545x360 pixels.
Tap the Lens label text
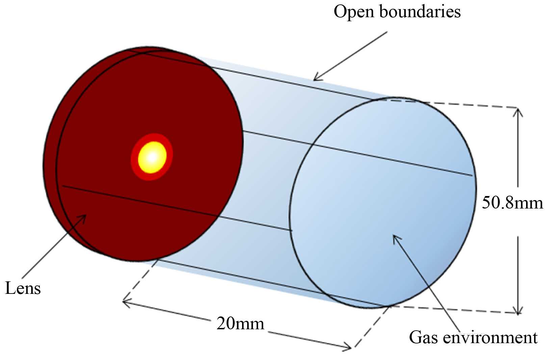pos(23,288)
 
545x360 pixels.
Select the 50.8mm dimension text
pos(512,203)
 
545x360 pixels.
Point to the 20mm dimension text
pos(240,324)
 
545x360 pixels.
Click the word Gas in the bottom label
pos(423,337)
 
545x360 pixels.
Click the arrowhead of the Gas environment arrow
pos(395,237)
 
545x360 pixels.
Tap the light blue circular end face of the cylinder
pos(382,189)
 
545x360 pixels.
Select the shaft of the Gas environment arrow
pos(429,287)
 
